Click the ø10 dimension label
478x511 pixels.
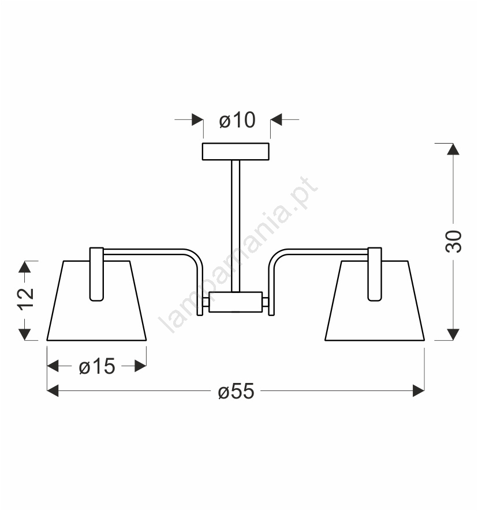pyautogui.click(x=237, y=120)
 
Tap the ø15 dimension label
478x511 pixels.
pyautogui.click(x=97, y=366)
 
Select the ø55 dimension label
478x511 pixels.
pyautogui.click(x=236, y=391)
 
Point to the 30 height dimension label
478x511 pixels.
pyautogui.click(x=453, y=241)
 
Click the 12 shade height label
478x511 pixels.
pyautogui.click(x=25, y=299)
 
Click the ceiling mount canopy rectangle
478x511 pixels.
pyautogui.click(x=236, y=152)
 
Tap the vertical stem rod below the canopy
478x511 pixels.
pyautogui.click(x=236, y=226)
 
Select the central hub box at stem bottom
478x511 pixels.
pyautogui.click(x=236, y=302)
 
